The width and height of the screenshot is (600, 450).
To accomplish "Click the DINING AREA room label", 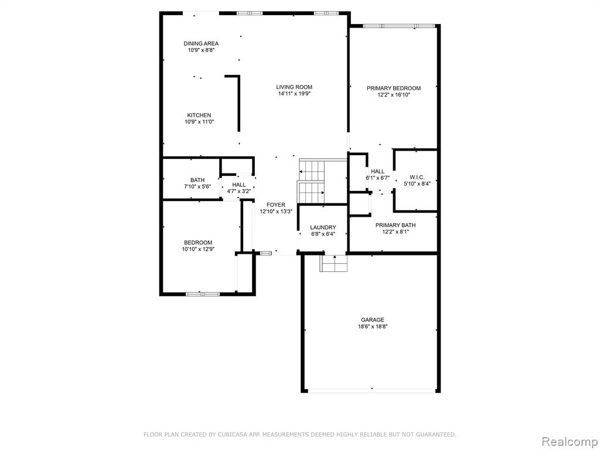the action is pyautogui.click(x=201, y=43).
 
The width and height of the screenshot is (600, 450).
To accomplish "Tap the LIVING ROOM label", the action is pyautogui.click(x=294, y=87).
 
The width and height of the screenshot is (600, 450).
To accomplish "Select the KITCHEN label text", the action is pyautogui.click(x=199, y=115).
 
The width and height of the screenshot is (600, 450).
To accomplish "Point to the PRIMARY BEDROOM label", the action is pyautogui.click(x=394, y=88).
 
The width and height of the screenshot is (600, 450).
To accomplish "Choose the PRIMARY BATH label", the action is pyautogui.click(x=396, y=225).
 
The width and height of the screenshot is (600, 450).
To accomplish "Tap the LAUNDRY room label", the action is pyautogui.click(x=323, y=227).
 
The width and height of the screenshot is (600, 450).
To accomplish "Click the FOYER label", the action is pyautogui.click(x=276, y=204).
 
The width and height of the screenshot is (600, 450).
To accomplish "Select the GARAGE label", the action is pyautogui.click(x=373, y=320).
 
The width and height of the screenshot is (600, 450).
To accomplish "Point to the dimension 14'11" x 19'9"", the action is pyautogui.click(x=294, y=93).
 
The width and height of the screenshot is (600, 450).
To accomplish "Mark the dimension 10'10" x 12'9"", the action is pyautogui.click(x=198, y=249).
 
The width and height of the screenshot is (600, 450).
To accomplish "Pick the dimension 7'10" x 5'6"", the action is pyautogui.click(x=197, y=186).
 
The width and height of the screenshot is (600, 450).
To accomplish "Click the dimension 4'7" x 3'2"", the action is pyautogui.click(x=239, y=192).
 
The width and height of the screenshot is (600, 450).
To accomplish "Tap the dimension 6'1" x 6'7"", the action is pyautogui.click(x=378, y=178).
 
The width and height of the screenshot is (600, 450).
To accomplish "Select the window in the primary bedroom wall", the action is pyautogui.click(x=398, y=26).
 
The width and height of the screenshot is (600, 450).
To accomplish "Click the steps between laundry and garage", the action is pyautogui.click(x=333, y=263).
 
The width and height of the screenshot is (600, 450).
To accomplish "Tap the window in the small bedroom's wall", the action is pyautogui.click(x=203, y=294).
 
